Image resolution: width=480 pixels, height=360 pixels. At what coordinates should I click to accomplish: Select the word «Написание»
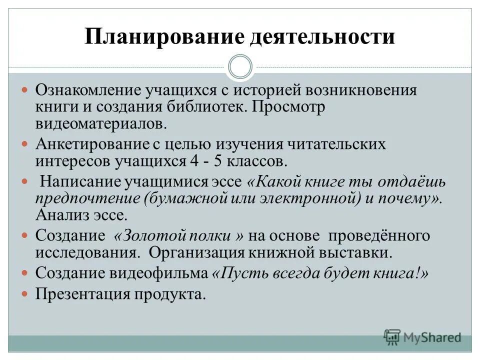[x=76, y=182]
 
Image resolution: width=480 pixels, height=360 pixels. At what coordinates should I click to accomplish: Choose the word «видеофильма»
[x=164, y=273]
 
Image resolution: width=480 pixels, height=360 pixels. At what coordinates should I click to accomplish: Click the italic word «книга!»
[x=403, y=273]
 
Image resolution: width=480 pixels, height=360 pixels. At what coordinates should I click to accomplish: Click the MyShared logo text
[x=432, y=336]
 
